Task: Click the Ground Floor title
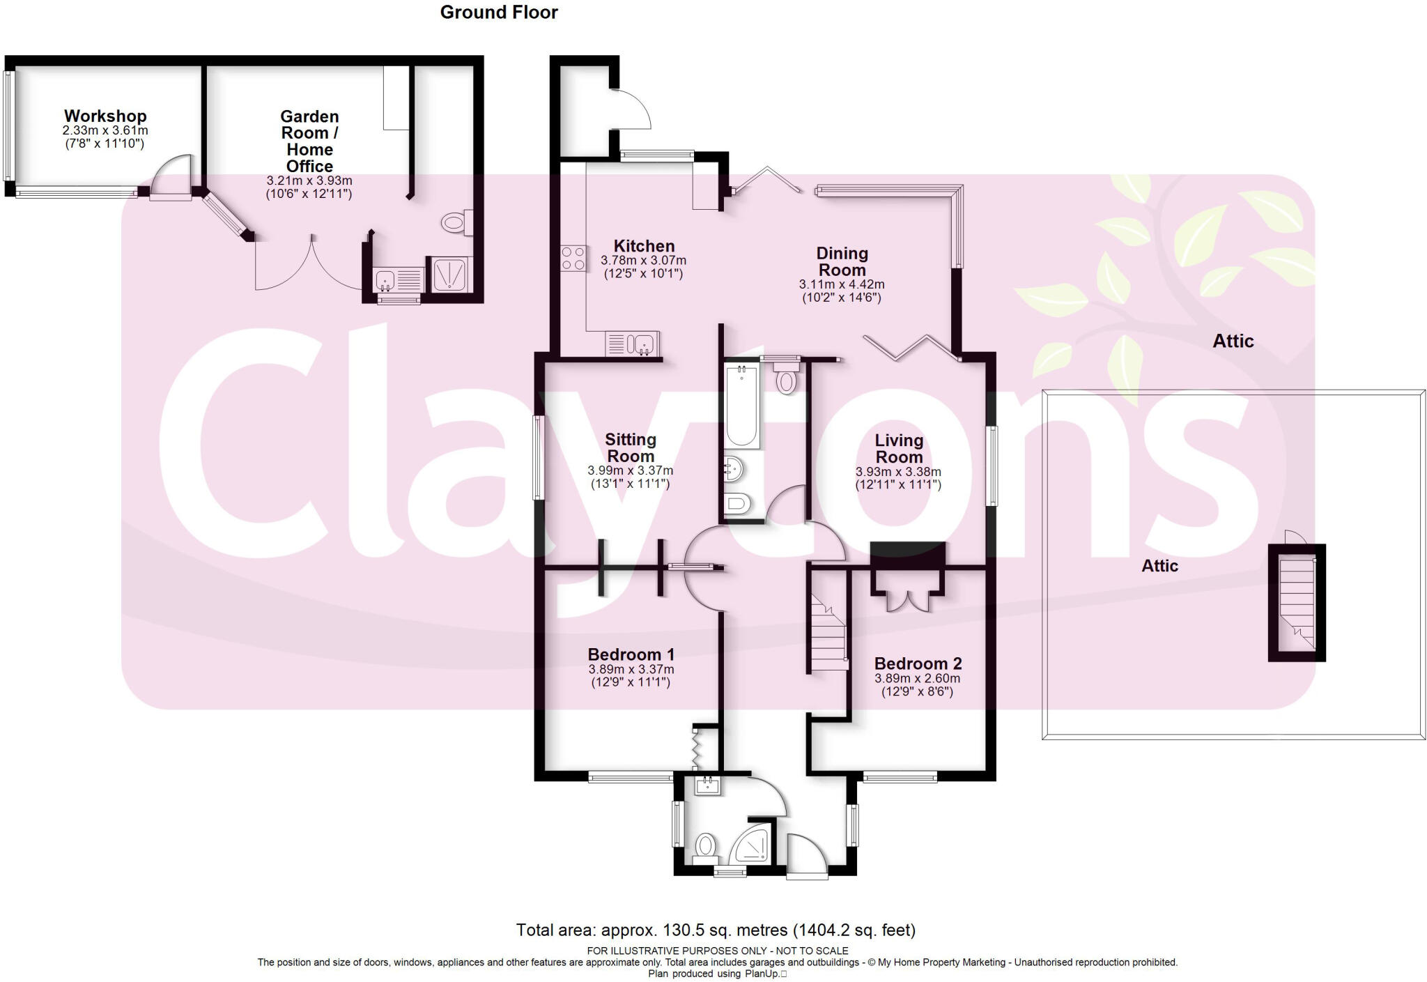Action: (x=499, y=13)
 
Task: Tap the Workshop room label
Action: (x=105, y=116)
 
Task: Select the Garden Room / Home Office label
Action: (x=309, y=141)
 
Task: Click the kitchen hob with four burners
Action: (x=573, y=259)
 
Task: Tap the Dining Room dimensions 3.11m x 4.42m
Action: (x=842, y=284)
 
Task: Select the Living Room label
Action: (x=899, y=448)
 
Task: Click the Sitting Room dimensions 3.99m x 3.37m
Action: (x=630, y=470)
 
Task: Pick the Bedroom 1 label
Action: (x=631, y=654)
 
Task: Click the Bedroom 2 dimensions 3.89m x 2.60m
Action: (x=917, y=678)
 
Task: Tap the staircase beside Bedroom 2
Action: (x=828, y=632)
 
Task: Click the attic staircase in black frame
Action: (x=1297, y=603)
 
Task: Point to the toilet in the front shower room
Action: (x=705, y=847)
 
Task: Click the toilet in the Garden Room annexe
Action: (x=455, y=223)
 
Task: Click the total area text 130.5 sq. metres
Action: (x=716, y=930)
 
